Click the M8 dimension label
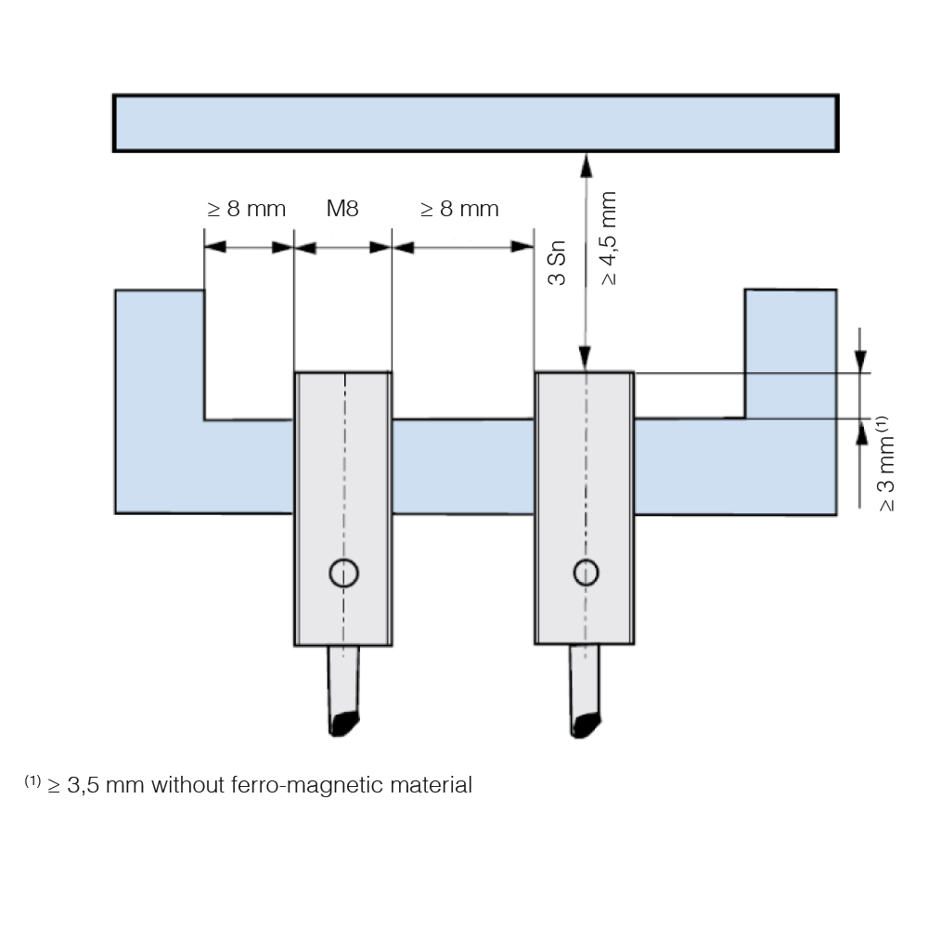coord(342,209)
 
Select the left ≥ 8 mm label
coord(246,209)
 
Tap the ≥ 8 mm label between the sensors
coord(459,209)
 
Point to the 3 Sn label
coord(558,263)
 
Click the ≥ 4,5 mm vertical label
coord(609,238)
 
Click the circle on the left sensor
coord(344,573)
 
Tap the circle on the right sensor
coord(586,573)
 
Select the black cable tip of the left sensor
coord(344,723)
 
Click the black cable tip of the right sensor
coord(586,725)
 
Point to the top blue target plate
coord(476,123)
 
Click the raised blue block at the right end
coord(791,354)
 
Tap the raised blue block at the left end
coord(160,354)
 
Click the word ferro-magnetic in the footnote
coord(307,785)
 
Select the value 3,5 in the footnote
coord(83,786)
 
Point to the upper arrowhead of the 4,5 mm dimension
coord(586,166)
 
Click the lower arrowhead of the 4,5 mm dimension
coord(586,358)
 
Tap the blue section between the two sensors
coord(463,467)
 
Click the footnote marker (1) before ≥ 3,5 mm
coord(32,780)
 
